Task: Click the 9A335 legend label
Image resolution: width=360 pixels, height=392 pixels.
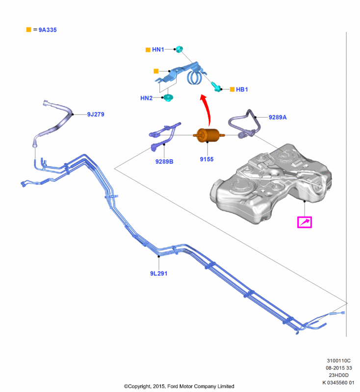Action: (48, 30)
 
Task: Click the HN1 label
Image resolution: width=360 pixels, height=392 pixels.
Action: (158, 49)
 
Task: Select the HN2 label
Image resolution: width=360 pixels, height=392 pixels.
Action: (146, 98)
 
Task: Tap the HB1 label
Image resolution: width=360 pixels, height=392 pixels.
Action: (242, 90)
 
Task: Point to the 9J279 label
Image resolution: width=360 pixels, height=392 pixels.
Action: (96, 114)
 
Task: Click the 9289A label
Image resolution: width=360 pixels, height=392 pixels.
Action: (277, 117)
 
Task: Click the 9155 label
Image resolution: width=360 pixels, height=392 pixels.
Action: (206, 159)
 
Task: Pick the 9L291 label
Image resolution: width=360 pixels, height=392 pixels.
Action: (158, 273)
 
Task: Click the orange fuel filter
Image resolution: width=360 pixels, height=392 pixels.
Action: (206, 135)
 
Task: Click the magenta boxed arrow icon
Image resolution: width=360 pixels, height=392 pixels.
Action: (304, 222)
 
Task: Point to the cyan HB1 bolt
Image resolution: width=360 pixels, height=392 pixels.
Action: (215, 86)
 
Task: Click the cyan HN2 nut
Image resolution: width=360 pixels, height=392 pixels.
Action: (168, 98)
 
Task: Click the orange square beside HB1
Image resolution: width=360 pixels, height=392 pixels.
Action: (232, 90)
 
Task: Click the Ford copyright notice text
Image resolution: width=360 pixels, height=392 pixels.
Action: (179, 386)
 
